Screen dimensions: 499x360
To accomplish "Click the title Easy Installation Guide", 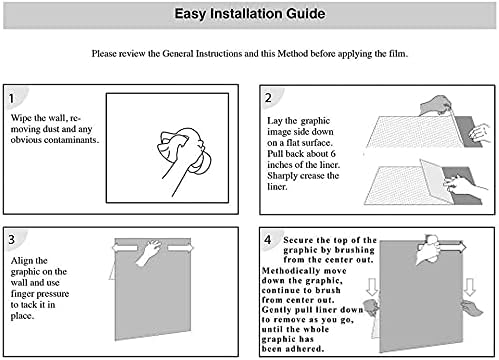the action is [250, 14].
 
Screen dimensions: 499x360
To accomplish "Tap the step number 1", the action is [12, 98].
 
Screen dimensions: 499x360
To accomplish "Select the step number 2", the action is [268, 98].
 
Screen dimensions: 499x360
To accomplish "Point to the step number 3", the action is [12, 239].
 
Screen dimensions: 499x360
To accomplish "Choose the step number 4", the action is [268, 239].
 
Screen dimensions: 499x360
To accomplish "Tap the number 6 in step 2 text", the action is [333, 154].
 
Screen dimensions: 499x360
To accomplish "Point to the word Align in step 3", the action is [20, 260].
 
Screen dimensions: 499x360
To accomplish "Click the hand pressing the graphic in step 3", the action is [149, 252].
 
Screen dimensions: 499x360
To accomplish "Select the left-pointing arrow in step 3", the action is [125, 248].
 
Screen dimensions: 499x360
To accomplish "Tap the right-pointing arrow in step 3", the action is [180, 248].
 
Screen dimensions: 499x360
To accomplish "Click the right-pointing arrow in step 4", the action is [453, 248].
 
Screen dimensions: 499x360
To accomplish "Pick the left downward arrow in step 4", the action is [371, 287].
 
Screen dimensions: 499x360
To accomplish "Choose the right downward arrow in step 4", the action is [470, 287].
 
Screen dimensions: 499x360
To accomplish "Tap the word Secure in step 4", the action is [298, 240].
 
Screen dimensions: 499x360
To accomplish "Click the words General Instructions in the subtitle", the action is [202, 54].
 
